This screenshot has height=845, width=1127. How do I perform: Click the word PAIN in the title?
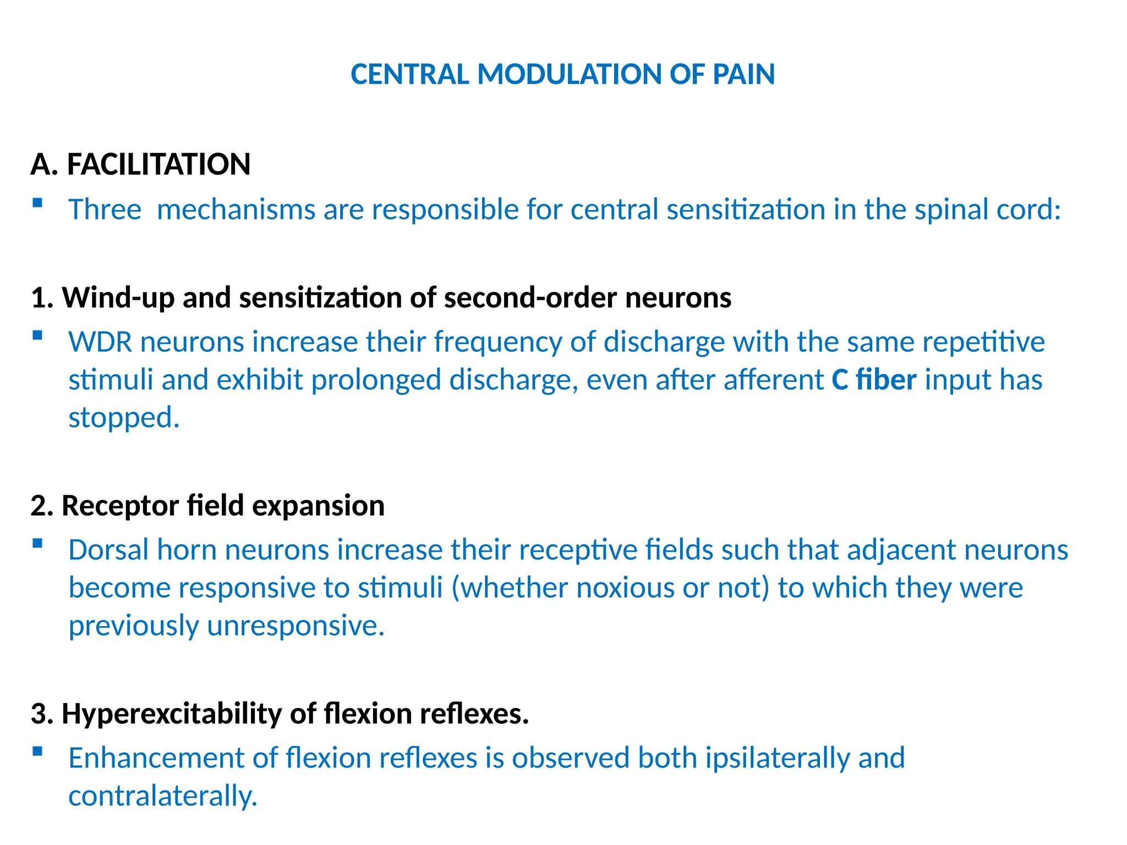(x=743, y=74)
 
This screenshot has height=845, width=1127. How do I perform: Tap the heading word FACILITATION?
(x=158, y=164)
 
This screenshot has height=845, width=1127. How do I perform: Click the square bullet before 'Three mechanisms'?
(x=37, y=202)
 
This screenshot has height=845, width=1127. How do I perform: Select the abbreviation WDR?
(x=100, y=342)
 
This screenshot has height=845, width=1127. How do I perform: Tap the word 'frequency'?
(x=497, y=342)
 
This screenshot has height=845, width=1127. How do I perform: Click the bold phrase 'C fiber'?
(x=874, y=380)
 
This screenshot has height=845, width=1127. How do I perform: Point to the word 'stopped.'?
(x=124, y=417)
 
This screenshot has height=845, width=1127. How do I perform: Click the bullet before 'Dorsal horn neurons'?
(x=37, y=544)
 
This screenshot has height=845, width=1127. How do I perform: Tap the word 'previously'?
(x=134, y=625)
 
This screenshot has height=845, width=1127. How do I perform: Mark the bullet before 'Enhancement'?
(x=37, y=751)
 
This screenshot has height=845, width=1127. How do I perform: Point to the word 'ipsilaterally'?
(x=778, y=758)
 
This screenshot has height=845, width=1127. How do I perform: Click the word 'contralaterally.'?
(x=163, y=796)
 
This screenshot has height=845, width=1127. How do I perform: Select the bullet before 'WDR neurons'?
(x=37, y=335)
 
